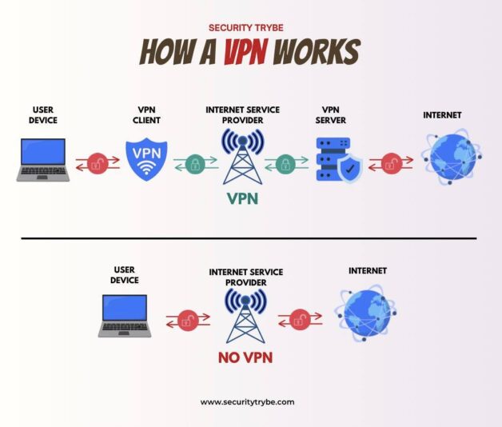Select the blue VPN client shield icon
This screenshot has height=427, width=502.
click(x=147, y=159)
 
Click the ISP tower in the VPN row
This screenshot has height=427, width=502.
click(x=241, y=157)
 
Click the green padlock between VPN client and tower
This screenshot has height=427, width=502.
click(x=194, y=165)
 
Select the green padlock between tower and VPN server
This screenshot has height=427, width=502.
click(x=285, y=165)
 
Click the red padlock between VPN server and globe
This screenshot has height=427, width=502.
click(x=391, y=165)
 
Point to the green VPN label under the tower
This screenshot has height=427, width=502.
click(x=242, y=198)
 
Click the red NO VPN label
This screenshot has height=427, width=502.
click(x=245, y=357)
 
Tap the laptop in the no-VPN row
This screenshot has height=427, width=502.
click(x=125, y=314)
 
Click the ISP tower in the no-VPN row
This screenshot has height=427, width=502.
click(x=245, y=315)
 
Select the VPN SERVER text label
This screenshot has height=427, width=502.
click(x=331, y=114)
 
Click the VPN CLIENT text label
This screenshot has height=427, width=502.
click(x=147, y=114)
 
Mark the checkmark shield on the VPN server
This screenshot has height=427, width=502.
click(x=349, y=169)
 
